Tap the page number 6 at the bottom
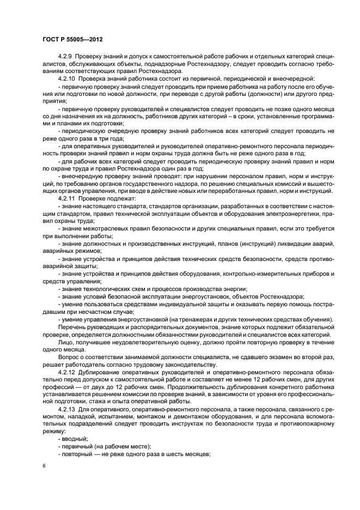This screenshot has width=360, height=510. coord(44,466)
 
